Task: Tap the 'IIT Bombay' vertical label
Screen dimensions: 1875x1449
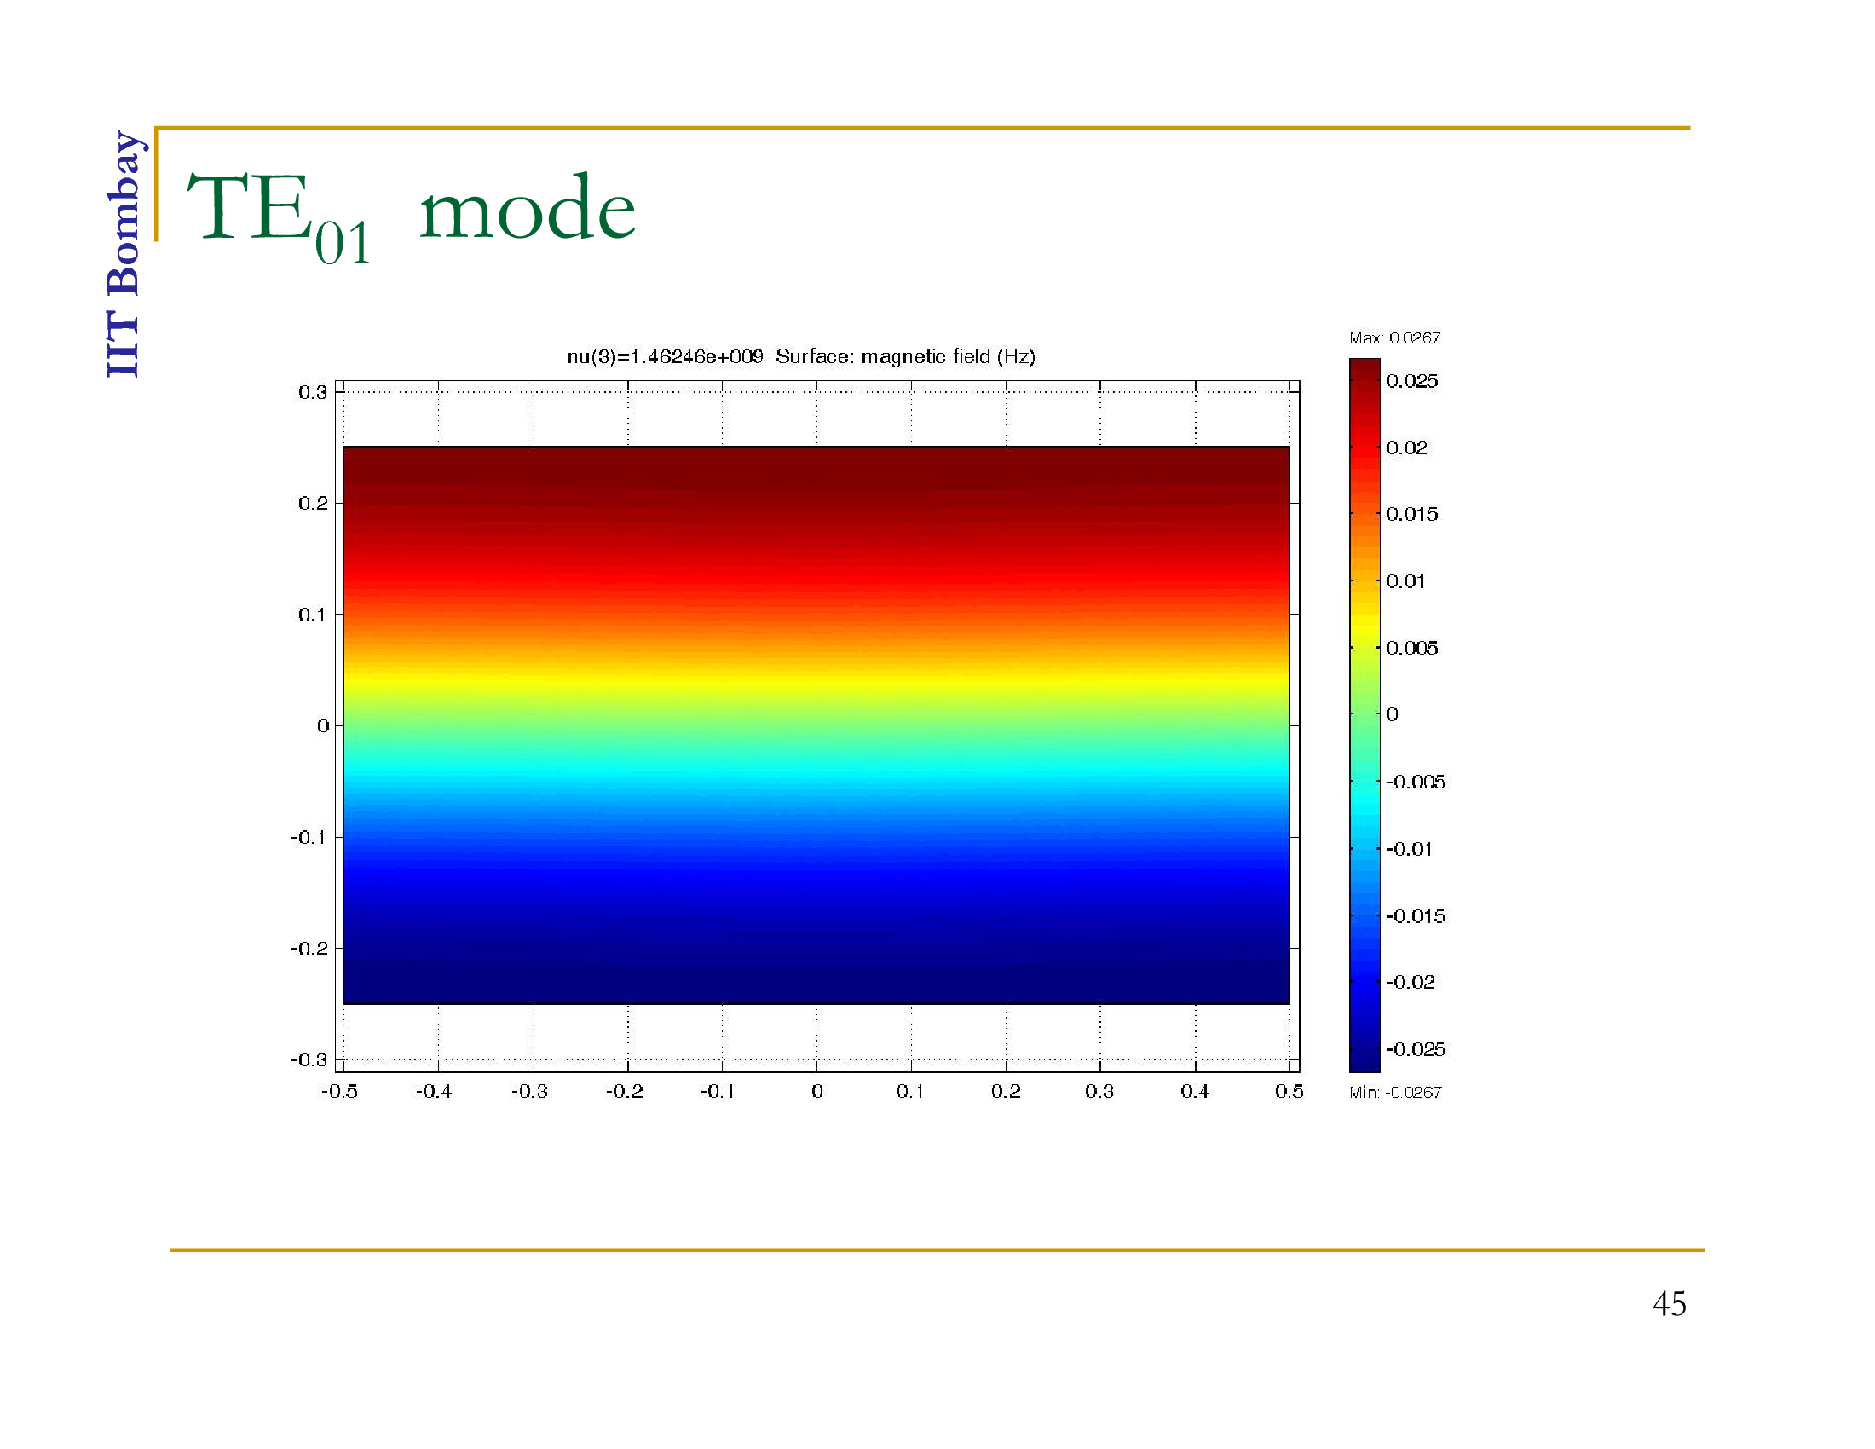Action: click(125, 254)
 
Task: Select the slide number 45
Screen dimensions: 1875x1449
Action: click(1669, 1304)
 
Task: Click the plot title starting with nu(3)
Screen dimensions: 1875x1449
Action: click(801, 356)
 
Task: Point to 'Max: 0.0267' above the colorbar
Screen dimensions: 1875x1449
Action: click(1395, 338)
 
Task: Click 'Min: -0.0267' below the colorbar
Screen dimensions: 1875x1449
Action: click(1396, 1092)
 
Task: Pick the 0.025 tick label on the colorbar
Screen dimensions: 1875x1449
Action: click(1412, 381)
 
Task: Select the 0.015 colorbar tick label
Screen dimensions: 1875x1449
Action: click(1412, 514)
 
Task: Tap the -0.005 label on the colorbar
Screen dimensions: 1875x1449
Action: click(1416, 781)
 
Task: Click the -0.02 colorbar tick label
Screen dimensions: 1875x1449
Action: click(1411, 981)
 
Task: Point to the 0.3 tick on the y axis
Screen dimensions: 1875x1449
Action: click(313, 392)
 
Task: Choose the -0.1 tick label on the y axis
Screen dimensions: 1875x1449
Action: click(309, 837)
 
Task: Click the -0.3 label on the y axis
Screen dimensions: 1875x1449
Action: click(309, 1059)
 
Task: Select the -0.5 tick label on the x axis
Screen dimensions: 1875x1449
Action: click(339, 1091)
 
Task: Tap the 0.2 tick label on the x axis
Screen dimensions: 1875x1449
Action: click(1006, 1091)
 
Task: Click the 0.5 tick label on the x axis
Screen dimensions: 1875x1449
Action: click(1289, 1091)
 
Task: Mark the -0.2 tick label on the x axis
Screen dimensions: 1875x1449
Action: click(624, 1091)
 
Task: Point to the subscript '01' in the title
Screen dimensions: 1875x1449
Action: click(342, 243)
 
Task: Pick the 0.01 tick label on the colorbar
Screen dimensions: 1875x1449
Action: click(1405, 581)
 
